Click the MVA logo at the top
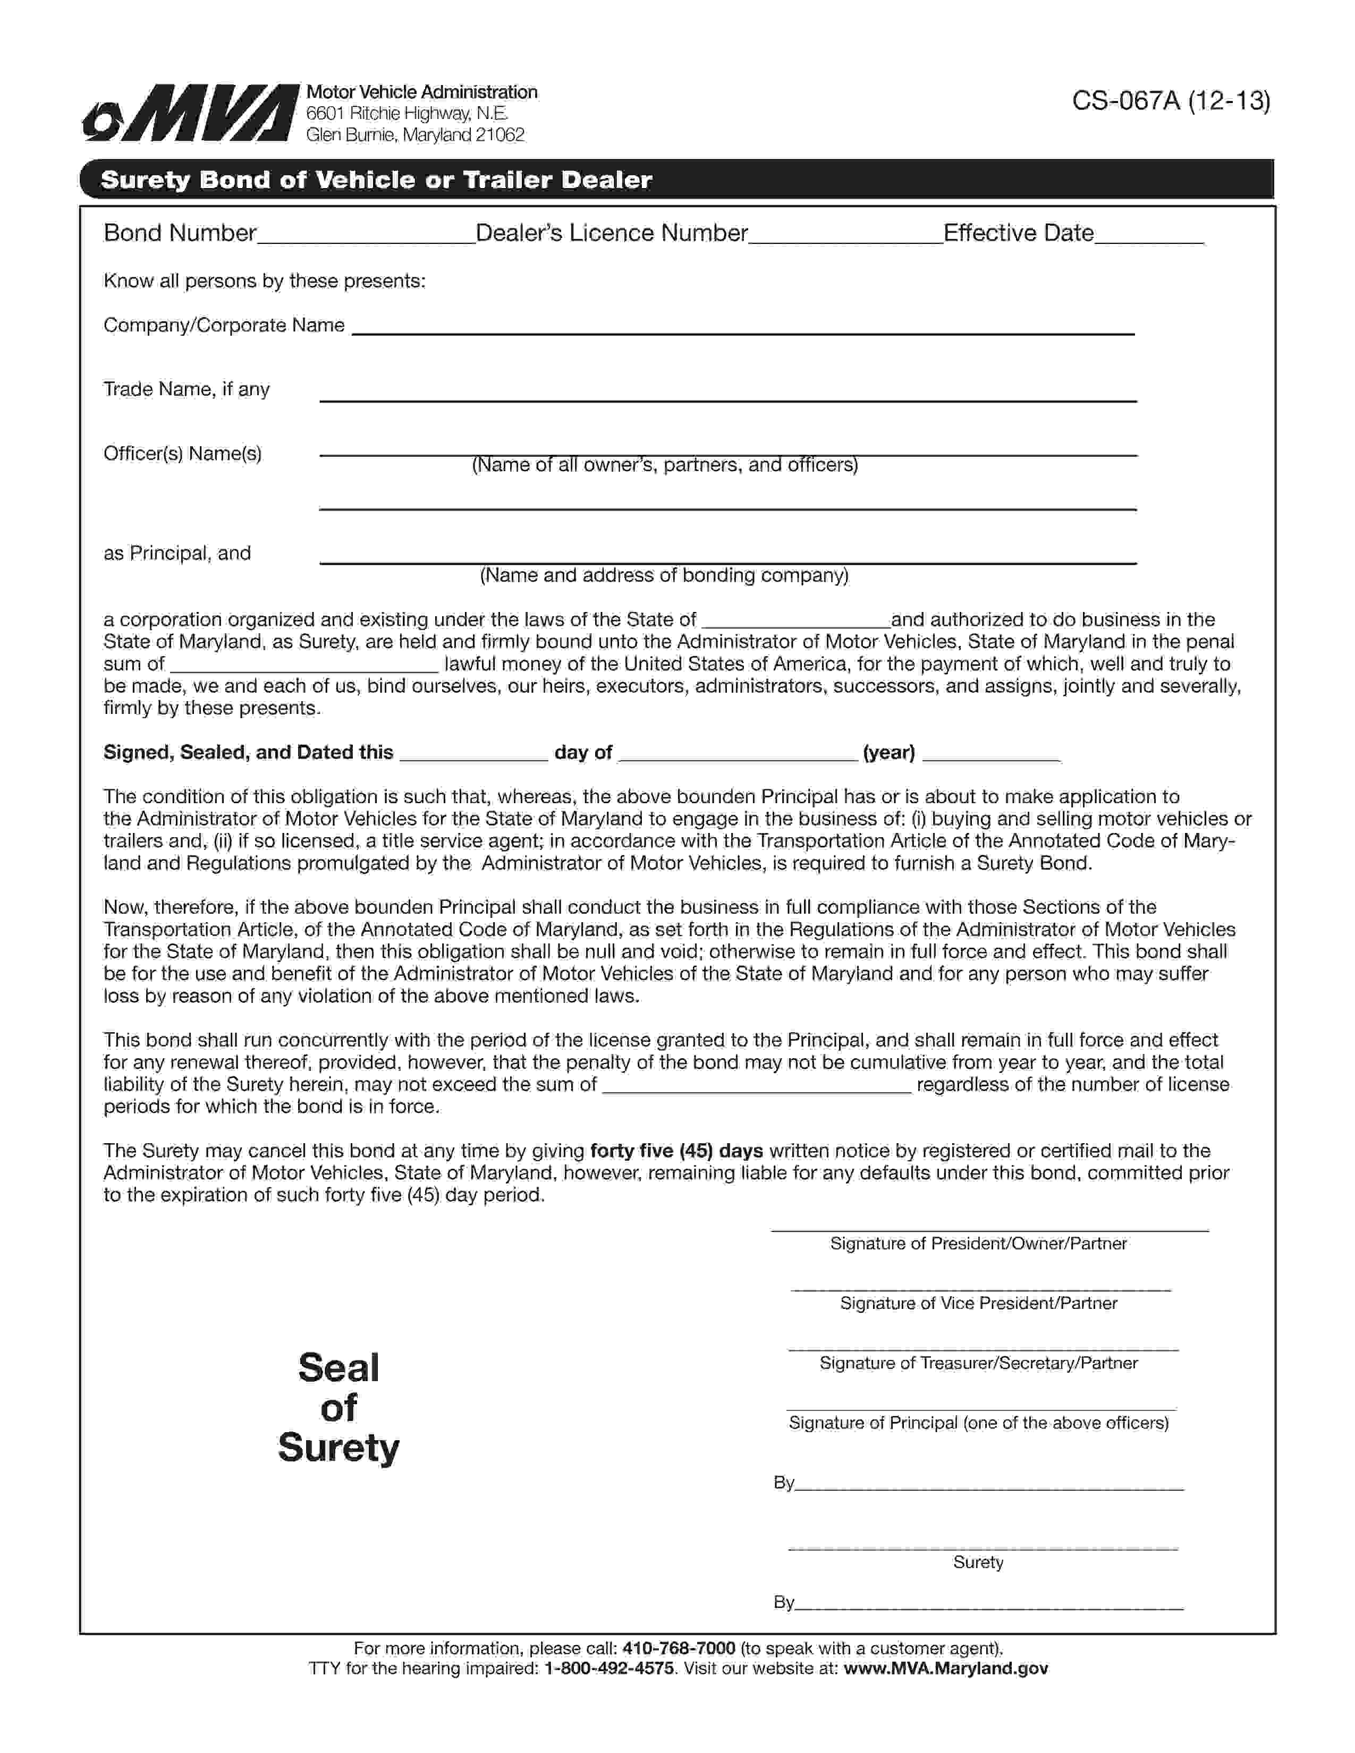coord(190,113)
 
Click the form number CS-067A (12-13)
coord(1171,101)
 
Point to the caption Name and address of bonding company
coord(664,575)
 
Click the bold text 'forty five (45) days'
coord(676,1151)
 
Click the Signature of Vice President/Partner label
coord(978,1304)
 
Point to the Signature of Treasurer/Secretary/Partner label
coord(978,1363)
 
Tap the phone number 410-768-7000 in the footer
coord(679,1648)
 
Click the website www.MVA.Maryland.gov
coord(946,1669)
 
